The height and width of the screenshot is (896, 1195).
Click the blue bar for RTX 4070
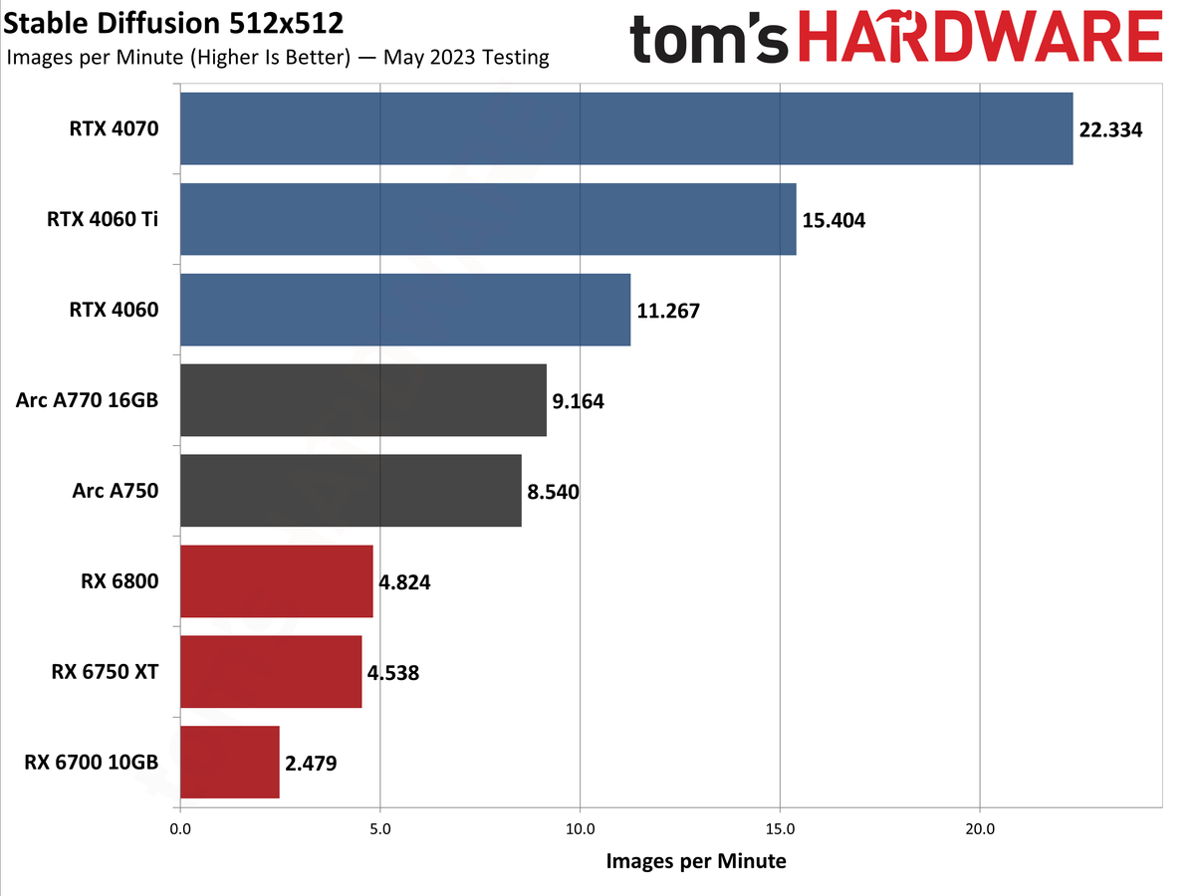pyautogui.click(x=626, y=128)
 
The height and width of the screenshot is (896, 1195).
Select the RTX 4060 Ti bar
pyautogui.click(x=488, y=219)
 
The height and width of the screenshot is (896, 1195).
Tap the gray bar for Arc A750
pyautogui.click(x=351, y=491)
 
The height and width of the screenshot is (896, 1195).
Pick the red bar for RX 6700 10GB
pyautogui.click(x=230, y=763)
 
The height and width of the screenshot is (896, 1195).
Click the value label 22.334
pyautogui.click(x=1110, y=129)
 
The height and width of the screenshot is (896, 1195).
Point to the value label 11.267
pyautogui.click(x=668, y=311)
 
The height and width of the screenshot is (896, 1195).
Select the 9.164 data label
pyautogui.click(x=578, y=401)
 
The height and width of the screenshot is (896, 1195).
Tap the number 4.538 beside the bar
pyautogui.click(x=392, y=672)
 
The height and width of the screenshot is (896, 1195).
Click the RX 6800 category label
pyautogui.click(x=119, y=582)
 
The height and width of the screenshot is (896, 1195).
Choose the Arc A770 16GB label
pyautogui.click(x=87, y=401)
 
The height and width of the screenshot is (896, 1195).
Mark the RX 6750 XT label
pyautogui.click(x=105, y=672)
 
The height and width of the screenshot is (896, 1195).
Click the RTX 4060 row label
pyautogui.click(x=114, y=311)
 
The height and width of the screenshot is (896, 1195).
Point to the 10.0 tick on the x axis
pyautogui.click(x=580, y=828)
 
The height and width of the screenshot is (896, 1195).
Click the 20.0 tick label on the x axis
pyautogui.click(x=980, y=828)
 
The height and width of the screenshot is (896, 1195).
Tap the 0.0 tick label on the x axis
pyautogui.click(x=180, y=828)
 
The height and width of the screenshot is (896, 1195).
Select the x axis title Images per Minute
pyautogui.click(x=695, y=861)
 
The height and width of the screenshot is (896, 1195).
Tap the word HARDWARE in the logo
pyautogui.click(x=982, y=40)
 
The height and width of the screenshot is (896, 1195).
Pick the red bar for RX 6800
pyautogui.click(x=277, y=581)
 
